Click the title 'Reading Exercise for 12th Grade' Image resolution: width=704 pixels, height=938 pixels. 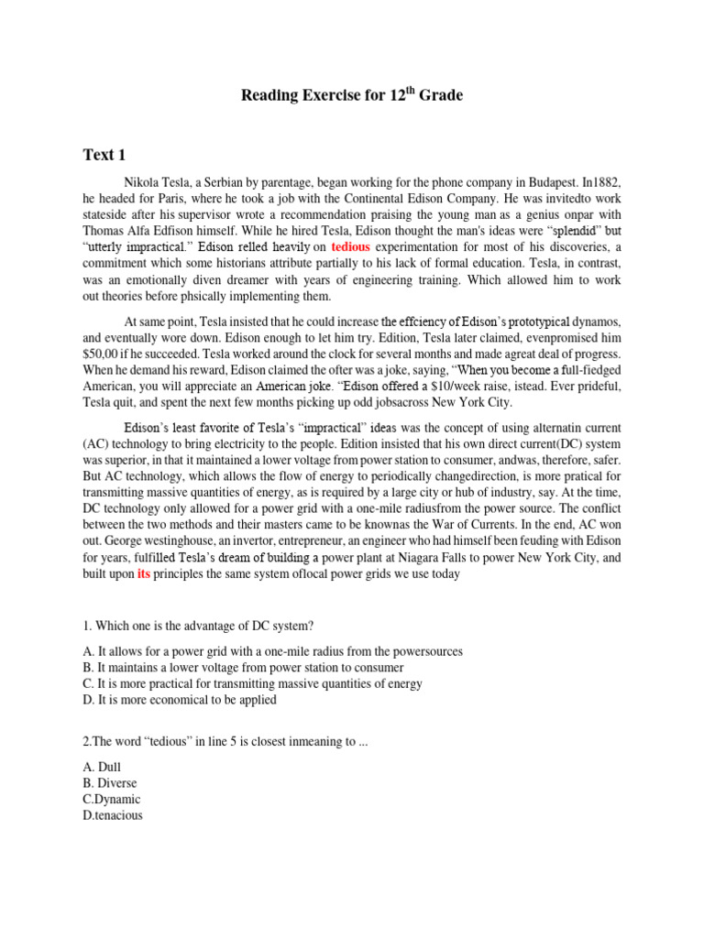point(352,95)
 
